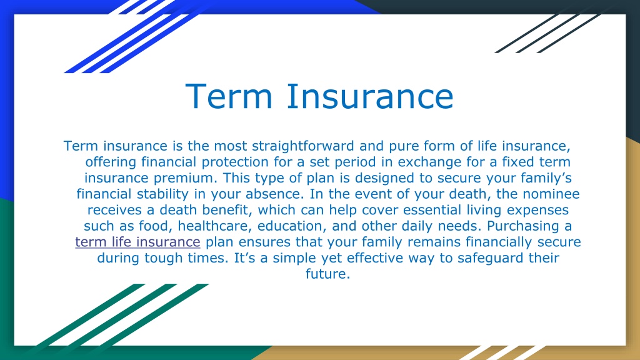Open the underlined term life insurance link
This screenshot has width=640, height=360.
pyautogui.click(x=137, y=242)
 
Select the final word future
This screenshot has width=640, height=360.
pyautogui.click(x=327, y=274)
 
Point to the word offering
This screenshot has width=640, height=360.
pyautogui.click(x=111, y=162)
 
